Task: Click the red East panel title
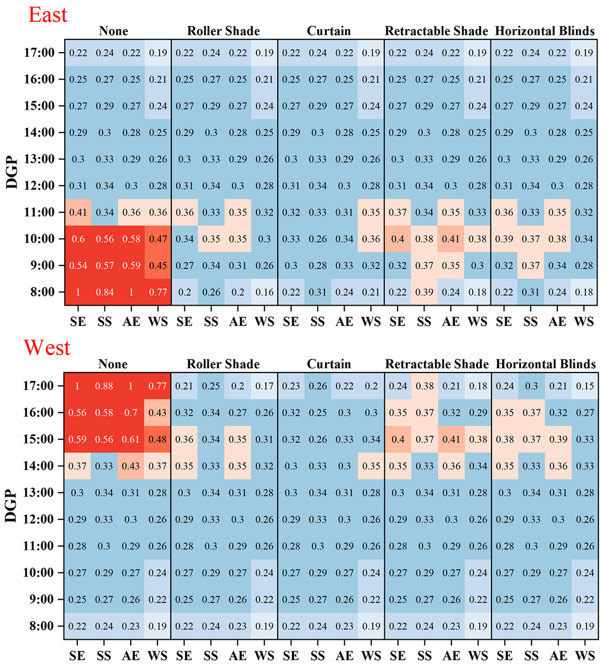coord(48,15)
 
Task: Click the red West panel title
coord(47,348)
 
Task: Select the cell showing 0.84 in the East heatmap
coord(105,292)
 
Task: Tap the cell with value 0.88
coord(104,386)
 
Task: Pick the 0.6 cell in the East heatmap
coord(78,239)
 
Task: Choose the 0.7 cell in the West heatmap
coord(131,413)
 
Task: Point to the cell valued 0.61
coord(131,439)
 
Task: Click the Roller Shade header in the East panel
coord(223,31)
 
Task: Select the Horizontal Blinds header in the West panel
coord(546,364)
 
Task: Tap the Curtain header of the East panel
coord(328,31)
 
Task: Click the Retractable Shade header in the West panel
coord(437,364)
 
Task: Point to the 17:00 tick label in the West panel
coord(39,386)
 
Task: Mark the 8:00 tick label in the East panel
coord(42,292)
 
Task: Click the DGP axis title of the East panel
coord(12,172)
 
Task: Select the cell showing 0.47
coord(158,239)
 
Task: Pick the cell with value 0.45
coord(158,266)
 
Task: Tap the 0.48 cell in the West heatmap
coord(158,439)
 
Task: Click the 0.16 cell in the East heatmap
coord(265,292)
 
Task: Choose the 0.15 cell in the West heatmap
coord(585,386)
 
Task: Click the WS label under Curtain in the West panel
coord(371,655)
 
